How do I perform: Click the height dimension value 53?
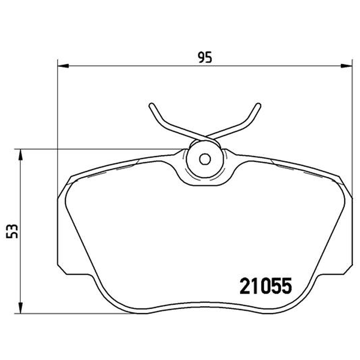(12, 231)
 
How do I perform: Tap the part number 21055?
(265, 286)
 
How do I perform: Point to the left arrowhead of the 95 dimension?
(63, 66)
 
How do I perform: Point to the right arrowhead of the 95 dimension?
(346, 66)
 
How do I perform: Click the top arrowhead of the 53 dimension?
(21, 155)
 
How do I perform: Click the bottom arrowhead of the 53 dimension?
(21, 308)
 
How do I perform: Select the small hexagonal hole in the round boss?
(205, 159)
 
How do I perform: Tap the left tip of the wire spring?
(151, 105)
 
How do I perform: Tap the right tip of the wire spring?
(258, 105)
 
